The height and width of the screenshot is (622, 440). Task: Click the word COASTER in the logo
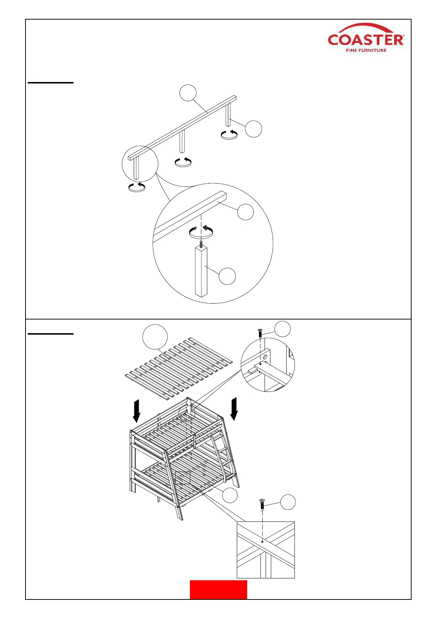click(x=366, y=40)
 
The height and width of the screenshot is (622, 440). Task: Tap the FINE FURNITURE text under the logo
click(x=366, y=51)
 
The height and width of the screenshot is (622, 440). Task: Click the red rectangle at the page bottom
click(x=218, y=589)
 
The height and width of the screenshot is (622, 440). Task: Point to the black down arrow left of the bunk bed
click(x=137, y=410)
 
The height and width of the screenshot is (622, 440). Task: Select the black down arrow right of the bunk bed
click(x=234, y=409)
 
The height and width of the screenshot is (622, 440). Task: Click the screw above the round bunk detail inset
click(x=260, y=333)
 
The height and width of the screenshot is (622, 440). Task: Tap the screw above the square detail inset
click(x=262, y=505)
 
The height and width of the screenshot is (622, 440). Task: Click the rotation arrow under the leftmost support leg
click(x=137, y=187)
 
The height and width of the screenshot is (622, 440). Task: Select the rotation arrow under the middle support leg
click(x=183, y=162)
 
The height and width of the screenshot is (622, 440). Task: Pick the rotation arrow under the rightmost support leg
click(x=229, y=134)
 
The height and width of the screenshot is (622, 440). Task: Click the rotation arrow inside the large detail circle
click(x=201, y=232)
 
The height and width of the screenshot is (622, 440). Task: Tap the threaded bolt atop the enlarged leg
click(x=201, y=244)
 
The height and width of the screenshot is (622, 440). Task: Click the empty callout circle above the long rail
click(x=188, y=92)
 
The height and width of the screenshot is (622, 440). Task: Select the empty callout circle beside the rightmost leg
click(x=253, y=129)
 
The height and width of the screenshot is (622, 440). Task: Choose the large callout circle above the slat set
click(x=155, y=337)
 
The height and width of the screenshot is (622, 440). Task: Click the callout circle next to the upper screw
click(x=283, y=329)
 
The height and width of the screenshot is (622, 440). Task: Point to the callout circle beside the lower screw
click(x=288, y=502)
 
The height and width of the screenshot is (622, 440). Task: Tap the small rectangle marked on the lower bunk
click(x=183, y=478)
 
